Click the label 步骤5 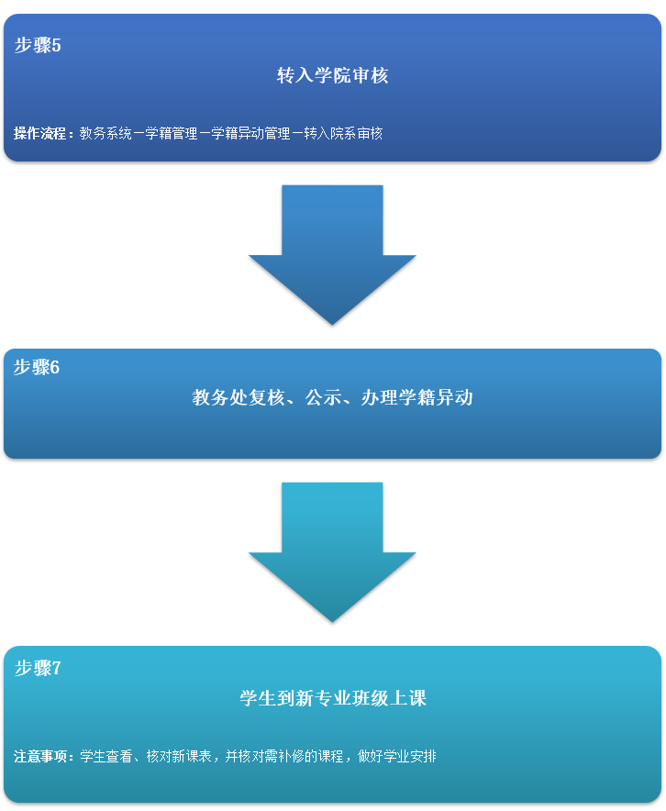pos(38,45)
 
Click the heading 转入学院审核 pos(332,75)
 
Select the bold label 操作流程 pos(40,133)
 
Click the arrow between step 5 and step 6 pos(332,252)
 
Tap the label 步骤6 pos(37,368)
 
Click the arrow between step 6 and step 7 pos(332,550)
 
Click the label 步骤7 pos(38,668)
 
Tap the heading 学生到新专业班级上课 pos(332,698)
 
